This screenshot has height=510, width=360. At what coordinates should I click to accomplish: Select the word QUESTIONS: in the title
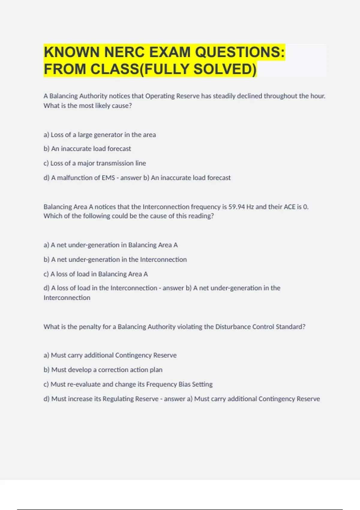point(240,52)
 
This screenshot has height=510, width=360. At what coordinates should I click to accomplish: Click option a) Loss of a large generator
point(100,135)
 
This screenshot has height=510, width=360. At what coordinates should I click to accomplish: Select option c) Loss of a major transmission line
point(95,163)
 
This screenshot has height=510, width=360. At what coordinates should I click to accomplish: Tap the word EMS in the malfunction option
point(108,178)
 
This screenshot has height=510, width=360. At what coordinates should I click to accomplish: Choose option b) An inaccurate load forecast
point(87,149)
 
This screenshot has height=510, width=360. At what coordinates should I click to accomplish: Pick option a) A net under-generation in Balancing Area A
point(111,245)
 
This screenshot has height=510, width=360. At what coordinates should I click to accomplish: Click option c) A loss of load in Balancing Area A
point(96,274)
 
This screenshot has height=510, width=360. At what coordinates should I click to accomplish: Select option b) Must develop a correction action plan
point(103,370)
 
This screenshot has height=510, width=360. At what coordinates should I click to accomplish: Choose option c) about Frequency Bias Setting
point(128,384)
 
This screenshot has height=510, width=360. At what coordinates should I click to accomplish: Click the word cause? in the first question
point(122,106)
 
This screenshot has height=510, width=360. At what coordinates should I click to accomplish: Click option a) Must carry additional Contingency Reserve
point(110,355)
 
